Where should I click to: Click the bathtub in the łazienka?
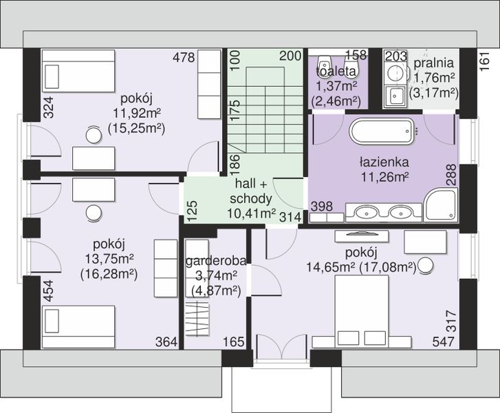382,131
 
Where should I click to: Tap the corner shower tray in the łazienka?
440,204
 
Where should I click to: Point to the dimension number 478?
184,58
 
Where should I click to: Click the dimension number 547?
443,342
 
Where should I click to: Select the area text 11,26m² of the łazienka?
384,176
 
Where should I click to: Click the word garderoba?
216,261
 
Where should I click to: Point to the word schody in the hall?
251,198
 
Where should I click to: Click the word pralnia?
434,63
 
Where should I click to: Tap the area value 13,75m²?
109,259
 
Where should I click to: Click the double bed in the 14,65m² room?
362,311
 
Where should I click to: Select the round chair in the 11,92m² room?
94,136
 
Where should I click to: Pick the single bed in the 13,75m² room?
78,327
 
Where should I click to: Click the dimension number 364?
166,342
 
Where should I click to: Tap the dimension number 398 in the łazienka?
322,206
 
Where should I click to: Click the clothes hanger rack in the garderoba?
197,319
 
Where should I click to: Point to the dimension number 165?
233,342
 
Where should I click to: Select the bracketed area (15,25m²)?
136,128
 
